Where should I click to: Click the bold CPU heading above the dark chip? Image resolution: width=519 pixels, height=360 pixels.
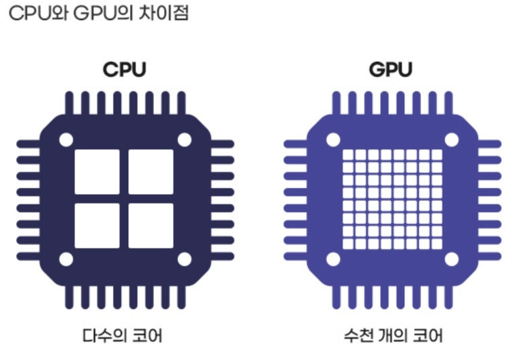124,70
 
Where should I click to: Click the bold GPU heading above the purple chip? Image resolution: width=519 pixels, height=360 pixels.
391,70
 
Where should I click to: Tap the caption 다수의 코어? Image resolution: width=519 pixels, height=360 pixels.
124,334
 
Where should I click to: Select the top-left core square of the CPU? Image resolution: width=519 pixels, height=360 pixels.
97,171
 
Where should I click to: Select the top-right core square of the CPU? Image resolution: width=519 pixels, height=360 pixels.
150,171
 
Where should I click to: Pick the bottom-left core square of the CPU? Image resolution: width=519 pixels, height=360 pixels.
97,225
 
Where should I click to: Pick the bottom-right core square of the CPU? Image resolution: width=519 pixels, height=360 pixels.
150,225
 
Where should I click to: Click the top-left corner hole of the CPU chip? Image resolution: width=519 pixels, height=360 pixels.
66,140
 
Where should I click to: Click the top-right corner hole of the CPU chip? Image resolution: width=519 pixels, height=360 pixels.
183,140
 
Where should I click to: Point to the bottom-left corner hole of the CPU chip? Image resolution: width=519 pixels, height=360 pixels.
66,259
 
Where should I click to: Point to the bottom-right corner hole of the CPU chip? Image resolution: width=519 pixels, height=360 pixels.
183,259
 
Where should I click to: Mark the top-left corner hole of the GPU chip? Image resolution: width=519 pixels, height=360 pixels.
333,140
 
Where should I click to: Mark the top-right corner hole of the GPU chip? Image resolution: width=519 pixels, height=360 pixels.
451,140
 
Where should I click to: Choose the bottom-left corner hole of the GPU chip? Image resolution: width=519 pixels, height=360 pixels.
333,259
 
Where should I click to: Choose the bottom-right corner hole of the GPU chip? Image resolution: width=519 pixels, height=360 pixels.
451,259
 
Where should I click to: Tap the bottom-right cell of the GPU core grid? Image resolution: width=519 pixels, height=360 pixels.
436,243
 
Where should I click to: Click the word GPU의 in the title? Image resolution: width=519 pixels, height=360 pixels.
99,14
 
